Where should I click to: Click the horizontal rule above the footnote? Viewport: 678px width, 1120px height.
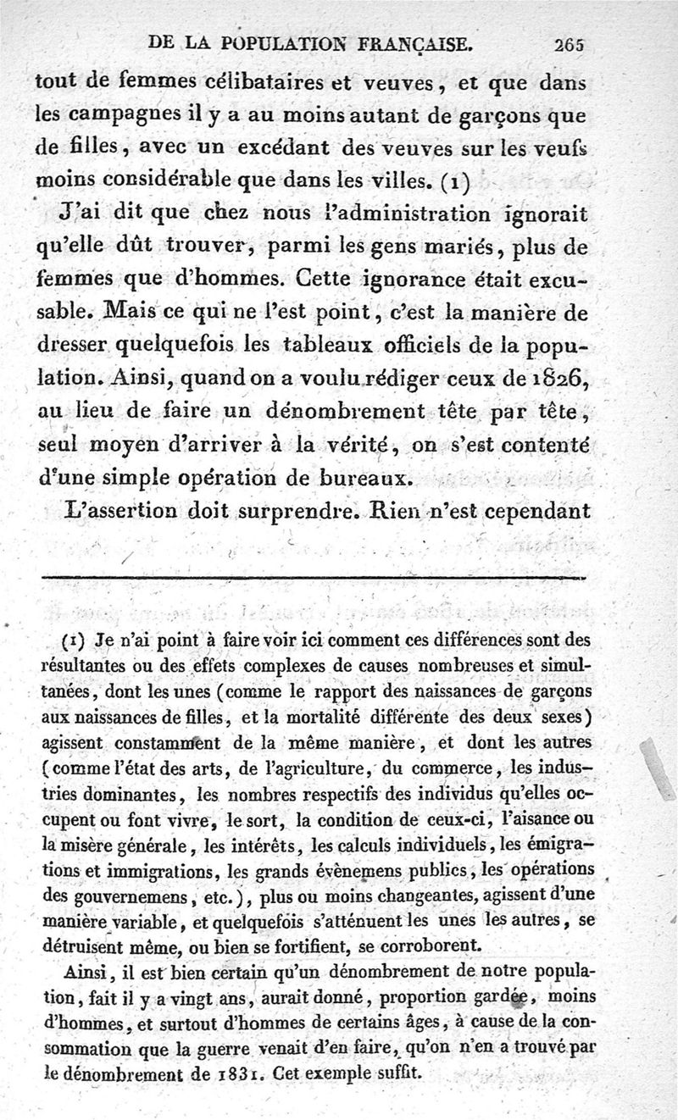312,577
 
